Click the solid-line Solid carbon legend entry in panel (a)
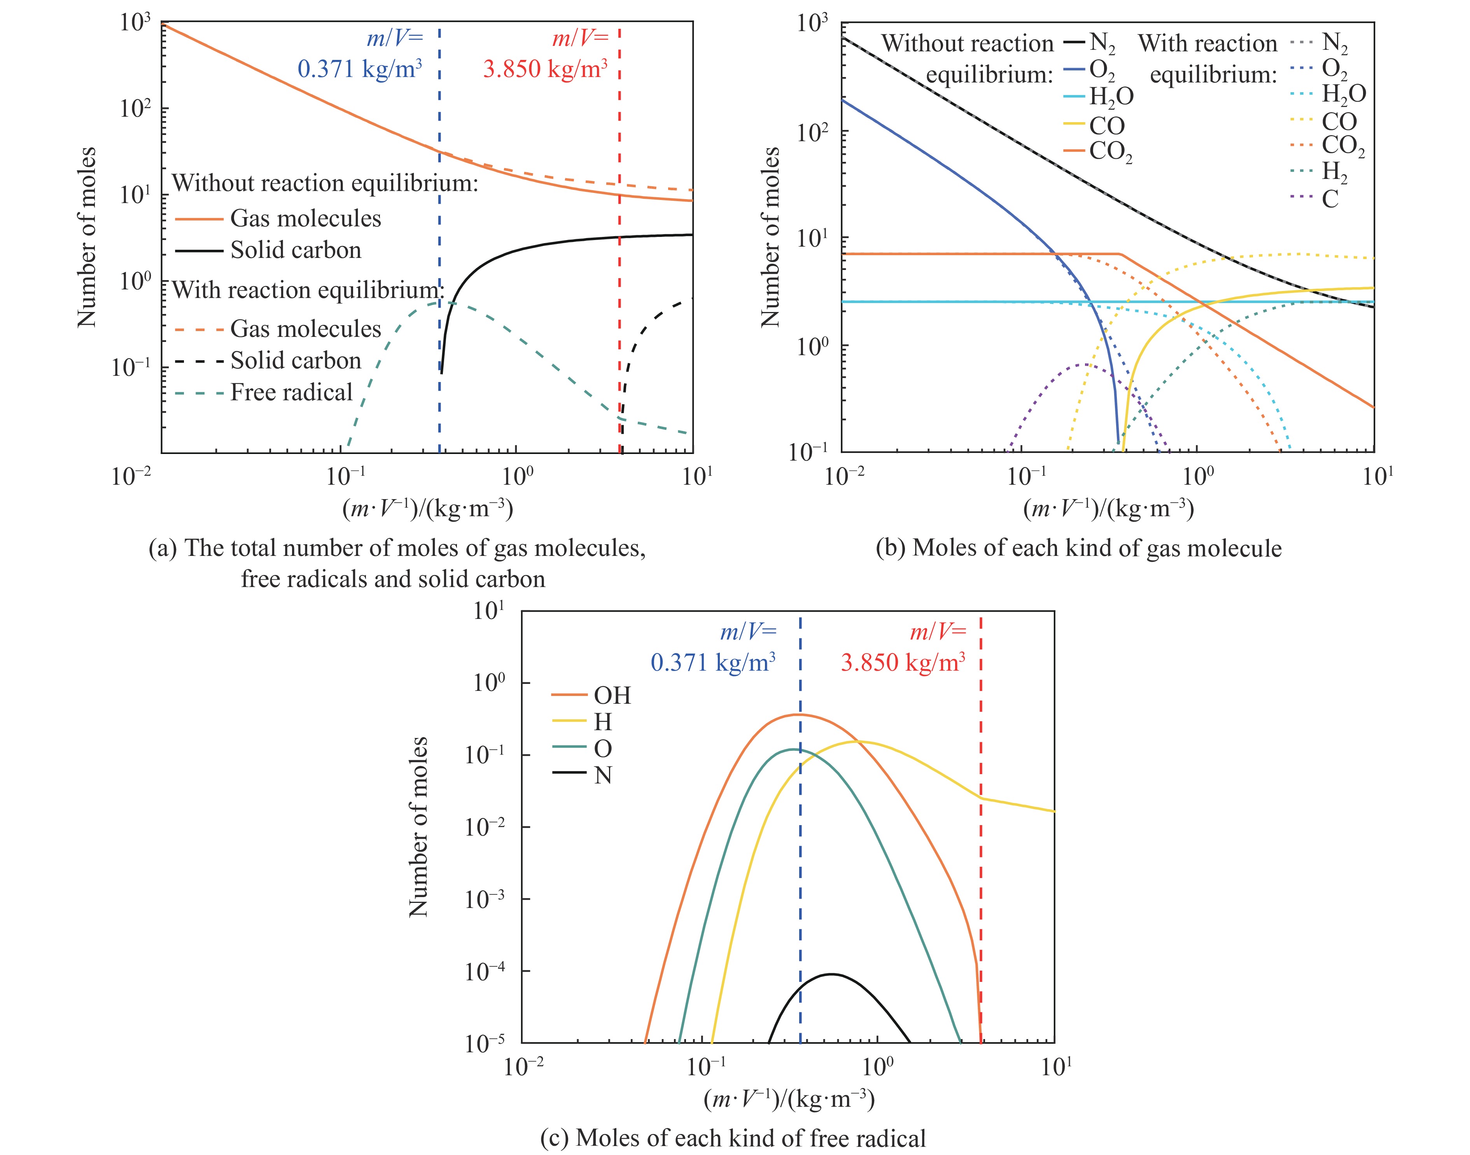(295, 250)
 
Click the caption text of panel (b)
(1078, 548)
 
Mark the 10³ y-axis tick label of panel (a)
(135, 23)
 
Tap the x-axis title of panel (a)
(427, 508)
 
